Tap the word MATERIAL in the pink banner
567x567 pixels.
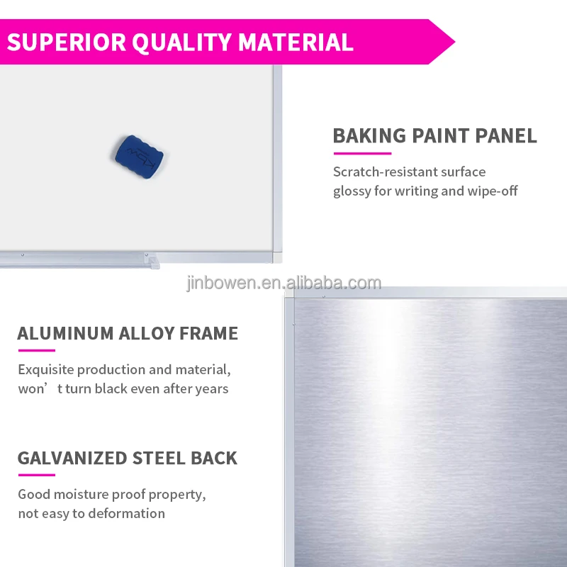[296, 42]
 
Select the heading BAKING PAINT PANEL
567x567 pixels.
[434, 136]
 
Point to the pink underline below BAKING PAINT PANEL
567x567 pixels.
[361, 153]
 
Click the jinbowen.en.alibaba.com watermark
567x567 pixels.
[283, 283]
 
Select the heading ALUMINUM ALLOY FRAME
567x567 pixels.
[128, 333]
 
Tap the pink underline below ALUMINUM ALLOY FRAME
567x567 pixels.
[36, 350]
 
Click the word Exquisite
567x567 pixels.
[45, 370]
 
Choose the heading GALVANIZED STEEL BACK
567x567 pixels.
[128, 458]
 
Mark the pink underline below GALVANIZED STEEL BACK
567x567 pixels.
[36, 475]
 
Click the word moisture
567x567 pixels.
[79, 495]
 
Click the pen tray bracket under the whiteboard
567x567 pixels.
[150, 260]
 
